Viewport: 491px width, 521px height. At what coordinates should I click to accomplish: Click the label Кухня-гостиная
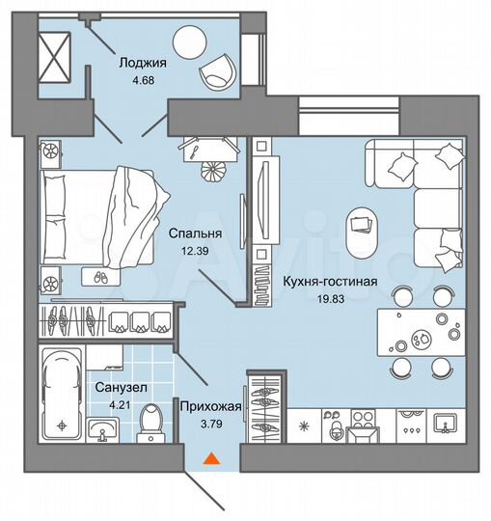(x=330, y=282)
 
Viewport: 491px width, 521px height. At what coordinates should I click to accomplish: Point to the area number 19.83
(x=331, y=299)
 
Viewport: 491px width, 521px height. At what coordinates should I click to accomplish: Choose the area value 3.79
(x=209, y=423)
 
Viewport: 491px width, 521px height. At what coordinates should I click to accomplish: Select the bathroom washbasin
(x=104, y=427)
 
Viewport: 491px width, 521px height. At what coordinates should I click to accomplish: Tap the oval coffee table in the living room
(x=362, y=228)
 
